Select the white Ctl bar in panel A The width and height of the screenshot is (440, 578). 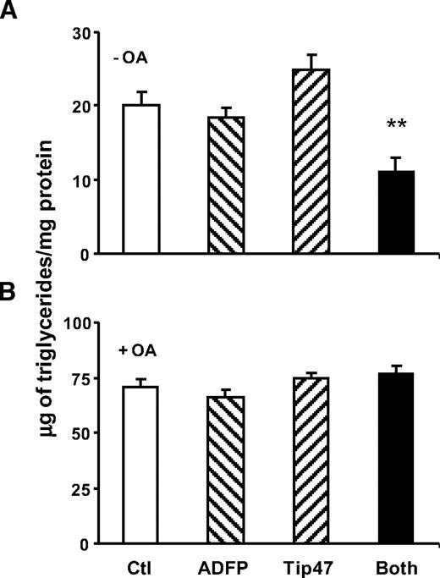(x=140, y=179)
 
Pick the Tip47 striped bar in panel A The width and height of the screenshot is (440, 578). (x=310, y=161)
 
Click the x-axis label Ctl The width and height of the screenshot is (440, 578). (x=140, y=564)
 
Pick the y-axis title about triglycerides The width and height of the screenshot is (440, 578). (x=35, y=289)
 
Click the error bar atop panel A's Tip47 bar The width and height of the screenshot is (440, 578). (x=310, y=61)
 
